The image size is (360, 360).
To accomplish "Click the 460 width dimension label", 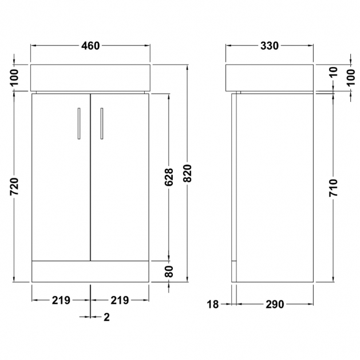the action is [90, 46].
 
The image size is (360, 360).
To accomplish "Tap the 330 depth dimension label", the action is [270, 46].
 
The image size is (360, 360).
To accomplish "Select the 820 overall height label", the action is [188, 173].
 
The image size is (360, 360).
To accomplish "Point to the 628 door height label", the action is [169, 177].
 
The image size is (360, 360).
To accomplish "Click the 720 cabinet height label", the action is [14, 187].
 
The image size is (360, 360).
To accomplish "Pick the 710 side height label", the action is [333, 188].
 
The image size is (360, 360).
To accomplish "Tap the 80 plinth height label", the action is [169, 272].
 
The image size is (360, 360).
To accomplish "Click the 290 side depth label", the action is [275, 304].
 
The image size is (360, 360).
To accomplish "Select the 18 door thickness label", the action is [212, 304].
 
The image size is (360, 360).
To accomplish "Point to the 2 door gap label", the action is [107, 317].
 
